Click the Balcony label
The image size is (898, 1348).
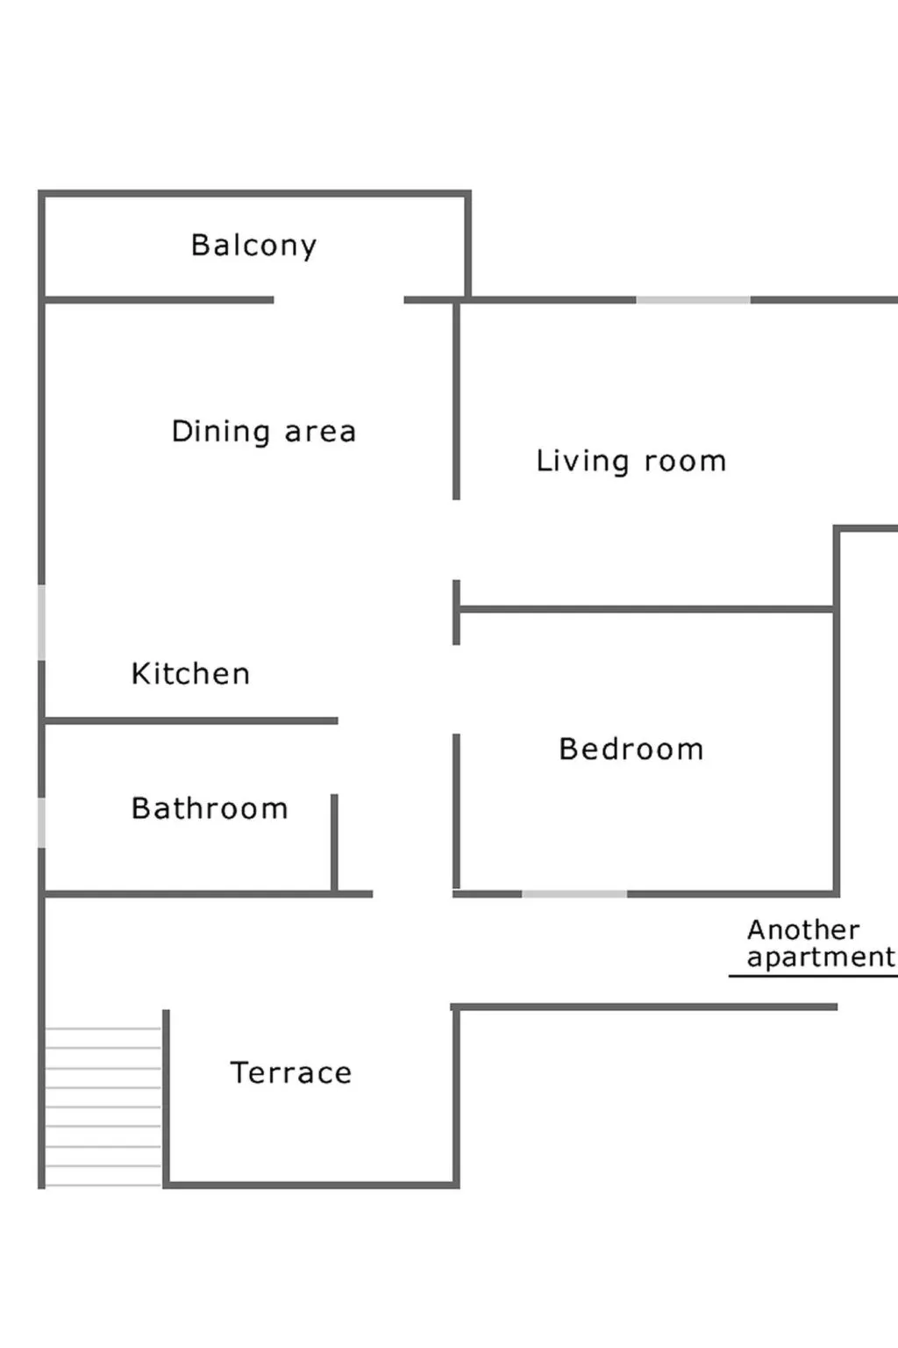click(253, 246)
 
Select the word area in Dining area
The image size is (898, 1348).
click(320, 432)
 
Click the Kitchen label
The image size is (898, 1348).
click(190, 674)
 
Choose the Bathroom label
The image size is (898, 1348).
click(209, 808)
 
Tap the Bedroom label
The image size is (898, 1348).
click(631, 749)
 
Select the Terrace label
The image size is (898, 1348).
click(290, 1072)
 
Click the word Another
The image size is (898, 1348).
click(802, 929)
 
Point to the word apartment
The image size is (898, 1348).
click(820, 957)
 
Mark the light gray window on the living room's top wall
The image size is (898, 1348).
click(693, 300)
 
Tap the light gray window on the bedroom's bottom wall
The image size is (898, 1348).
click(574, 893)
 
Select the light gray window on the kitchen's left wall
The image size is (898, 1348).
click(41, 622)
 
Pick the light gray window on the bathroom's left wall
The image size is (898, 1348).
click(41, 822)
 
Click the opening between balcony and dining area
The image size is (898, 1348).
click(339, 300)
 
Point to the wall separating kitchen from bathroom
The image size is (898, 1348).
click(190, 721)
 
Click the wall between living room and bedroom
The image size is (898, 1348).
click(645, 609)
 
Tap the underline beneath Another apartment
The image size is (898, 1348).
click(812, 976)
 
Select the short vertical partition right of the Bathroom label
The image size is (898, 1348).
click(334, 842)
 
